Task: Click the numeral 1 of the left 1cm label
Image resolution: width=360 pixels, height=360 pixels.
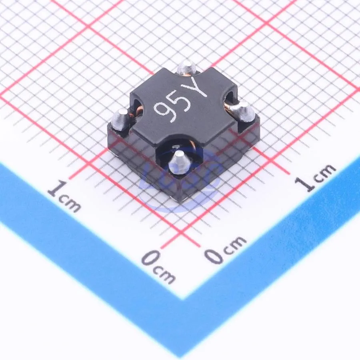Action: pos(57,189)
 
